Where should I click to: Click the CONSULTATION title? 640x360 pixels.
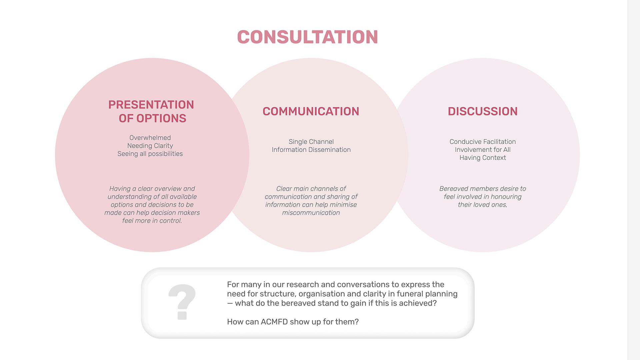click(x=307, y=37)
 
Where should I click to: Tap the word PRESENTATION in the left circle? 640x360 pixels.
click(x=151, y=105)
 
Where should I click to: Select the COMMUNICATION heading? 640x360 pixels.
click(x=311, y=111)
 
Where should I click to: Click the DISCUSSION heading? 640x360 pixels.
click(x=482, y=111)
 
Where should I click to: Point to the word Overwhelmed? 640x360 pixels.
click(x=150, y=138)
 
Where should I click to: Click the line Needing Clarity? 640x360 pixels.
click(x=150, y=146)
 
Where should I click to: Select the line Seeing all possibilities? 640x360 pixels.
click(x=150, y=154)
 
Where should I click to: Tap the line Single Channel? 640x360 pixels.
click(x=311, y=142)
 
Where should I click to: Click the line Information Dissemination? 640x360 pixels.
click(x=311, y=150)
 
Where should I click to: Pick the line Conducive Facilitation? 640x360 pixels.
click(x=482, y=142)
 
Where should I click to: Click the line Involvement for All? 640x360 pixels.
click(x=482, y=150)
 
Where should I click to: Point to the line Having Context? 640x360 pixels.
click(x=482, y=158)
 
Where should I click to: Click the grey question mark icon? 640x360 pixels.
click(x=182, y=302)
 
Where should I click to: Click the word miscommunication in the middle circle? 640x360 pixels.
click(x=311, y=213)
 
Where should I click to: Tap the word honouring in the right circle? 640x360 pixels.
click(x=506, y=197)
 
